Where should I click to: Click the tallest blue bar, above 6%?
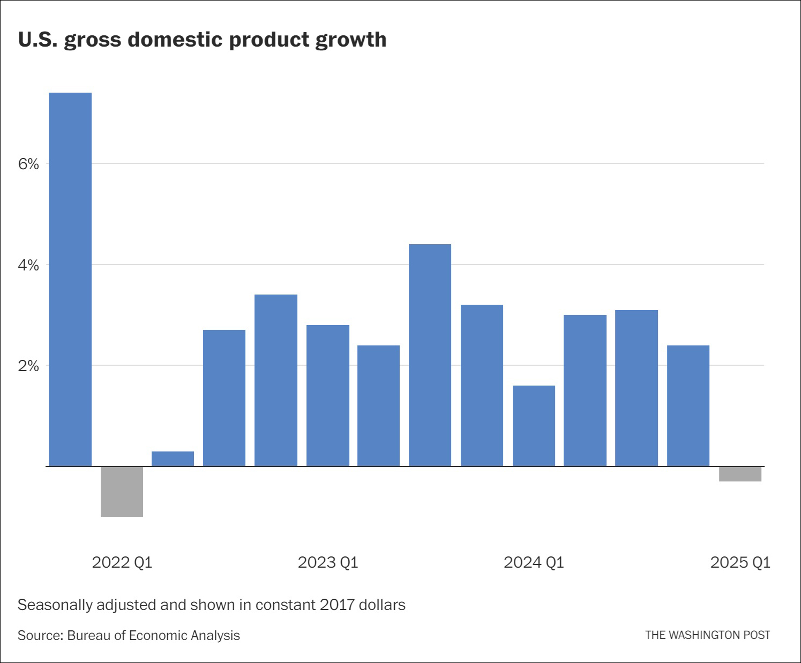70,278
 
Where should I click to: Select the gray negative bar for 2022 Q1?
122,491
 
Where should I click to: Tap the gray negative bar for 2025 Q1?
740,474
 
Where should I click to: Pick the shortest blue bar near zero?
173,459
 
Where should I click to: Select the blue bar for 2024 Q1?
534,426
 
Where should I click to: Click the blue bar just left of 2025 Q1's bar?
688,405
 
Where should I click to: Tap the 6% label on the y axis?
29,164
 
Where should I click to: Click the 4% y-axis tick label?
29,265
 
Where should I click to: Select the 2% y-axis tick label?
29,366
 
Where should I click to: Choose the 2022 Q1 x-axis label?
122,562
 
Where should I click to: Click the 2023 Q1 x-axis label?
328,562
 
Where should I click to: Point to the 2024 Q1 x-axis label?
534,562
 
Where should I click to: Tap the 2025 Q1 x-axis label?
740,562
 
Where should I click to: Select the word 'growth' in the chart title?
351,40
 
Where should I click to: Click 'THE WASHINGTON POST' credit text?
707,635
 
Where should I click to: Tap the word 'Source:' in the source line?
40,636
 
